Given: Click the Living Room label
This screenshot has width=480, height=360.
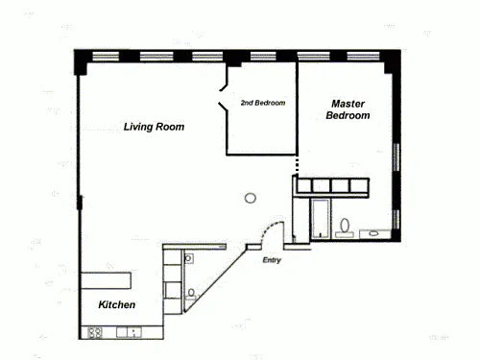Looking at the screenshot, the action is coord(154,127).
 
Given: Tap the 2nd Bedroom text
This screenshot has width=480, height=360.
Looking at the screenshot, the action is coord(263,103).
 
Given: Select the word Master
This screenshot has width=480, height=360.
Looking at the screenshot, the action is coord(348,104).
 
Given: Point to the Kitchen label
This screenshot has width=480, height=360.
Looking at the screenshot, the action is coord(117,304).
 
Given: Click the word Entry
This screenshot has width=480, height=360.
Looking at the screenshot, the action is coord(272,260).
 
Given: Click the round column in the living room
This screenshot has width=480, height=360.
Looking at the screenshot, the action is coord(251,198).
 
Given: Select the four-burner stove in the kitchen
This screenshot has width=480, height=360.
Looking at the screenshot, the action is coord(95,332).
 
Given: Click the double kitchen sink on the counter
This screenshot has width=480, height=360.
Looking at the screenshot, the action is coord(129,332).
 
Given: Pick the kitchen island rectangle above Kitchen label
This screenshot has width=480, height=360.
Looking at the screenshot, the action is coord(106,280).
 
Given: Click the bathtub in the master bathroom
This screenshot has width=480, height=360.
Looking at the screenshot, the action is coord(321,219).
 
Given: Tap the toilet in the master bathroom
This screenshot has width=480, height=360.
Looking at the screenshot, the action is coord(345,228).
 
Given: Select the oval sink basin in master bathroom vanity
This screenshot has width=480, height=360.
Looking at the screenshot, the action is coord(373,233).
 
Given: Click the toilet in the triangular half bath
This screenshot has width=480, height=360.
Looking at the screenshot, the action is coord(191,295).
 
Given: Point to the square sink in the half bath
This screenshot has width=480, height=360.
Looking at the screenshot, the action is coord(189,258).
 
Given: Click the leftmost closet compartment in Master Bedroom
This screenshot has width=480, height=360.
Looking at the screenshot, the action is coord(303,185).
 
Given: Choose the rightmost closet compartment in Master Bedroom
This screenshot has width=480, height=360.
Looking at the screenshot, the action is coord(359,185).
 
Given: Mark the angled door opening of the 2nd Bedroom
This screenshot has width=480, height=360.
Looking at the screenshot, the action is coord(224,98).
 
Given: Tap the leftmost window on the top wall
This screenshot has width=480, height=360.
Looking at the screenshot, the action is coord(106,57).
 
